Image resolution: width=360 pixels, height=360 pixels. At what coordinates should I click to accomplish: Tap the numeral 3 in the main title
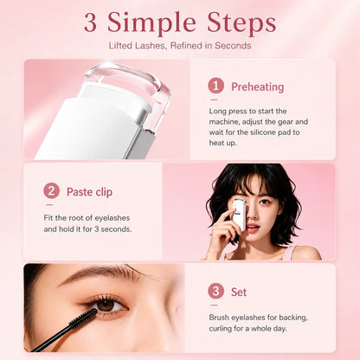90,23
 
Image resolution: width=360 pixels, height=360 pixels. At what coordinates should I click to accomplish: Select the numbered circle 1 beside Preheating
215,86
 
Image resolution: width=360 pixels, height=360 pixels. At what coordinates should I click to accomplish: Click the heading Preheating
258,87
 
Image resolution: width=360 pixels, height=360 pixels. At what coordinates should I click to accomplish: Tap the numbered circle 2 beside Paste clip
51,191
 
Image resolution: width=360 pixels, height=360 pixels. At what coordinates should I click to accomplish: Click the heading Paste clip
89,192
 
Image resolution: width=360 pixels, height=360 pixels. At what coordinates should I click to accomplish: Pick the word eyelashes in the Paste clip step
112,218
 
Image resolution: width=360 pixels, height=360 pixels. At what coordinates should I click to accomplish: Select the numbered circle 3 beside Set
215,291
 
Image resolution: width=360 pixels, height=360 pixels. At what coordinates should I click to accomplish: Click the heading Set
239,292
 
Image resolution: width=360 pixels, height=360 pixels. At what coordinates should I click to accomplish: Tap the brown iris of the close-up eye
106,305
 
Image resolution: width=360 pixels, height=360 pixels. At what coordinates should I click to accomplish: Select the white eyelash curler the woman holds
239,215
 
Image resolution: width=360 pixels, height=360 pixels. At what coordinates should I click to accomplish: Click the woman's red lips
253,228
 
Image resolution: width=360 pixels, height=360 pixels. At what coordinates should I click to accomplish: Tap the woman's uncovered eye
265,202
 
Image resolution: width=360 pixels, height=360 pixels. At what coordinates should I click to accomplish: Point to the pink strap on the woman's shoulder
288,254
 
